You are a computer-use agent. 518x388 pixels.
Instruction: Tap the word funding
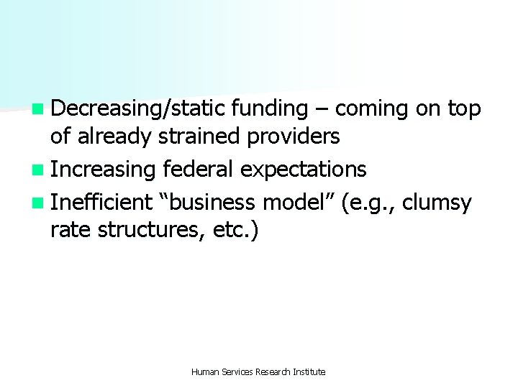point(270,108)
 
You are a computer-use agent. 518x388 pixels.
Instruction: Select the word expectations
point(304,170)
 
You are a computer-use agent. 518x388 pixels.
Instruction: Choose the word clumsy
point(437,203)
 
